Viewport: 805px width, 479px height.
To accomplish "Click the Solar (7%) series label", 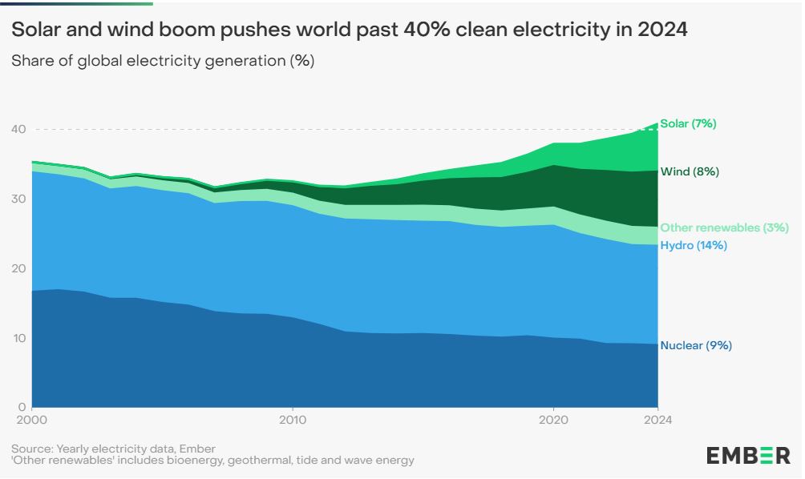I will tap(688, 123).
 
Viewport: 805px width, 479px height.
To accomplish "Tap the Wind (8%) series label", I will tap(689, 171).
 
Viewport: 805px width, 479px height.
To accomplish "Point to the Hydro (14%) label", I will tap(693, 246).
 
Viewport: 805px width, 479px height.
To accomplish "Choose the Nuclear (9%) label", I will tap(695, 346).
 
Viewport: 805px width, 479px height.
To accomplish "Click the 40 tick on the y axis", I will tap(18, 129).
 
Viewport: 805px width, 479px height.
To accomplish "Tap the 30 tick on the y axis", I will tap(18, 199).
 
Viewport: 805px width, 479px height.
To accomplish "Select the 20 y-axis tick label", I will tap(18, 268).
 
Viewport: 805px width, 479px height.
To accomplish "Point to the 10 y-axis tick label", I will tap(18, 338).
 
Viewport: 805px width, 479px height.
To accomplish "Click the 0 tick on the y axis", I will tap(22, 407).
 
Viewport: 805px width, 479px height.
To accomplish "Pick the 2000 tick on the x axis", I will tap(31, 419).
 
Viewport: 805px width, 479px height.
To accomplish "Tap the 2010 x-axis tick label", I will tap(293, 419).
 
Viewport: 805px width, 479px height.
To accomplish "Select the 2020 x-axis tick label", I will tap(553, 419).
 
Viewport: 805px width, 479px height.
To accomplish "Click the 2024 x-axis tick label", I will tap(657, 419).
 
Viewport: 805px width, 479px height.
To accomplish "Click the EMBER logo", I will tap(747, 456).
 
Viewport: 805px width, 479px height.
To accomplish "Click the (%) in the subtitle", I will tap(301, 61).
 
